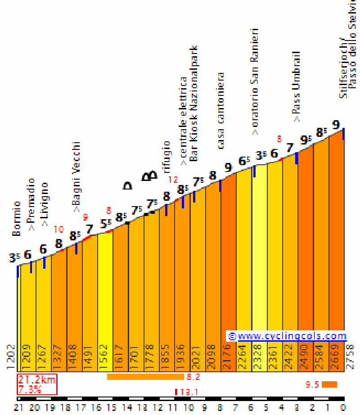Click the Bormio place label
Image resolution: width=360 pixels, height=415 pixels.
(x=17, y=219)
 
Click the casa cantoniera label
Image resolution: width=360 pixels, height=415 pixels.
(x=221, y=111)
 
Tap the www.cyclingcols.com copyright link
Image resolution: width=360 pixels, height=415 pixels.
(x=287, y=336)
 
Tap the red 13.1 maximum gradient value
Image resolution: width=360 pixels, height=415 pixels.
(x=189, y=392)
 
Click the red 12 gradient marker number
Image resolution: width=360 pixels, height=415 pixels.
(x=173, y=180)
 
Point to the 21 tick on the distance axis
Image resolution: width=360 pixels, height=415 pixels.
(x=18, y=408)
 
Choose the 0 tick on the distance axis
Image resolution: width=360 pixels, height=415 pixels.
(x=343, y=408)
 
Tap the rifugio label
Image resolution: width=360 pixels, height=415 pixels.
(x=167, y=157)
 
